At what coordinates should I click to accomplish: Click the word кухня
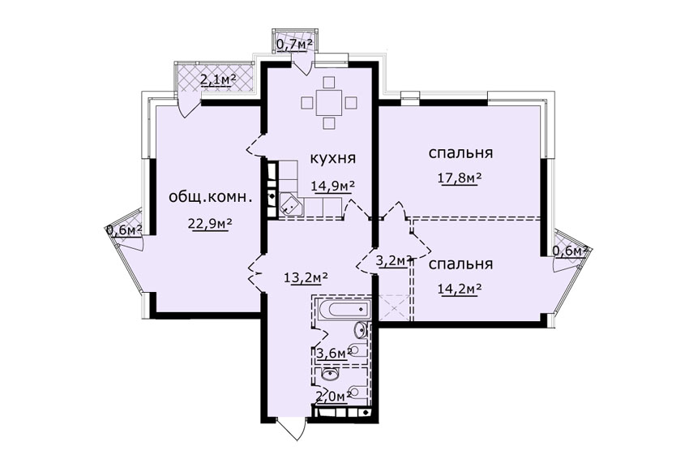(x=332, y=158)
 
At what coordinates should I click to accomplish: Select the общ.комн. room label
(x=211, y=197)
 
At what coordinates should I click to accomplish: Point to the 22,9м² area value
(x=210, y=223)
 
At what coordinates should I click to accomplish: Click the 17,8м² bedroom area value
(x=460, y=178)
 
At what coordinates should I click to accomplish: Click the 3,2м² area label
(x=394, y=260)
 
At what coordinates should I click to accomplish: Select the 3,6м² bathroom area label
(x=334, y=353)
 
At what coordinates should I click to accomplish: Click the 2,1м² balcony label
(x=218, y=79)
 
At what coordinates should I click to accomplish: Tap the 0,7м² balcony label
(x=294, y=44)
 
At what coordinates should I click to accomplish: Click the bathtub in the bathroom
(x=344, y=310)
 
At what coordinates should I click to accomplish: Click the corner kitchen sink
(x=290, y=204)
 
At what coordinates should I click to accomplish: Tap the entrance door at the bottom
(x=291, y=428)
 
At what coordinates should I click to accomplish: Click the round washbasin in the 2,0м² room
(x=329, y=374)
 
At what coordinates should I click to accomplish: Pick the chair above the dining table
(x=328, y=83)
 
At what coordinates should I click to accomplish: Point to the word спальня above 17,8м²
(x=460, y=153)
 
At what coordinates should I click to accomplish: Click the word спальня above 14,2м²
(x=460, y=264)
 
